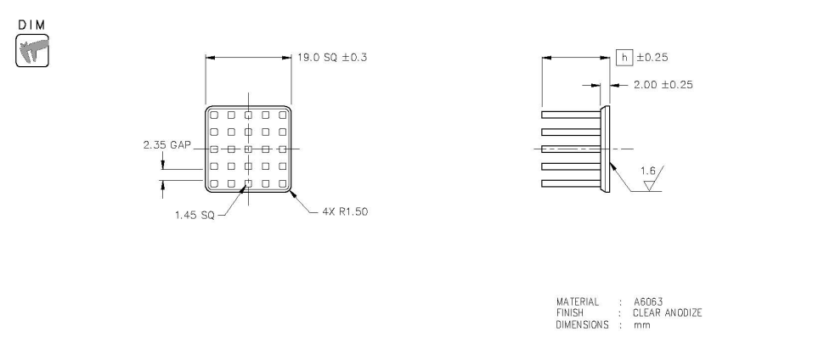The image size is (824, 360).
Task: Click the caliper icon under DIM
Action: (x=32, y=50)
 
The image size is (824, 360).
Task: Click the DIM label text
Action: (x=32, y=25)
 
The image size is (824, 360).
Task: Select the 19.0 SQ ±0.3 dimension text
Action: (x=332, y=57)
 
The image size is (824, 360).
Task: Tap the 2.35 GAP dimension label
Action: (x=167, y=144)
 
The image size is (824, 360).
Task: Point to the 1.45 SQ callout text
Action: (x=195, y=216)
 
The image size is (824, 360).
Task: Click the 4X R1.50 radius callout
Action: (x=345, y=211)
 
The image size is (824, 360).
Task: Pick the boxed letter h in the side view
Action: (x=624, y=57)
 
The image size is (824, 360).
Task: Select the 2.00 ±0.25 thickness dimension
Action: (x=663, y=85)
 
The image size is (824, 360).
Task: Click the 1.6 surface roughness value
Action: (x=648, y=171)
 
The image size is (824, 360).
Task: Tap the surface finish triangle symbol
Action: (x=651, y=185)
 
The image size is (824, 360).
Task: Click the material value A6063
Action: (x=648, y=301)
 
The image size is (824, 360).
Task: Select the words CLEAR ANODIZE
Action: (x=668, y=313)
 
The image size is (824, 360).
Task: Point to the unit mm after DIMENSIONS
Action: (x=641, y=325)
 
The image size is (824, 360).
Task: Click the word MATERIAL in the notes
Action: (x=578, y=301)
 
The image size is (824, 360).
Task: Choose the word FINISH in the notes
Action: (x=570, y=313)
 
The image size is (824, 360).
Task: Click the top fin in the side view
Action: (x=571, y=115)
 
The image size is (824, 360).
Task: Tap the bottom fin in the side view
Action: (x=571, y=183)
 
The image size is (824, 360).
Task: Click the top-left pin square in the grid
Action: (x=214, y=115)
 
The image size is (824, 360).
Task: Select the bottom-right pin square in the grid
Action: (x=283, y=184)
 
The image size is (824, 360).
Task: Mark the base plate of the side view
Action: (x=606, y=149)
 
